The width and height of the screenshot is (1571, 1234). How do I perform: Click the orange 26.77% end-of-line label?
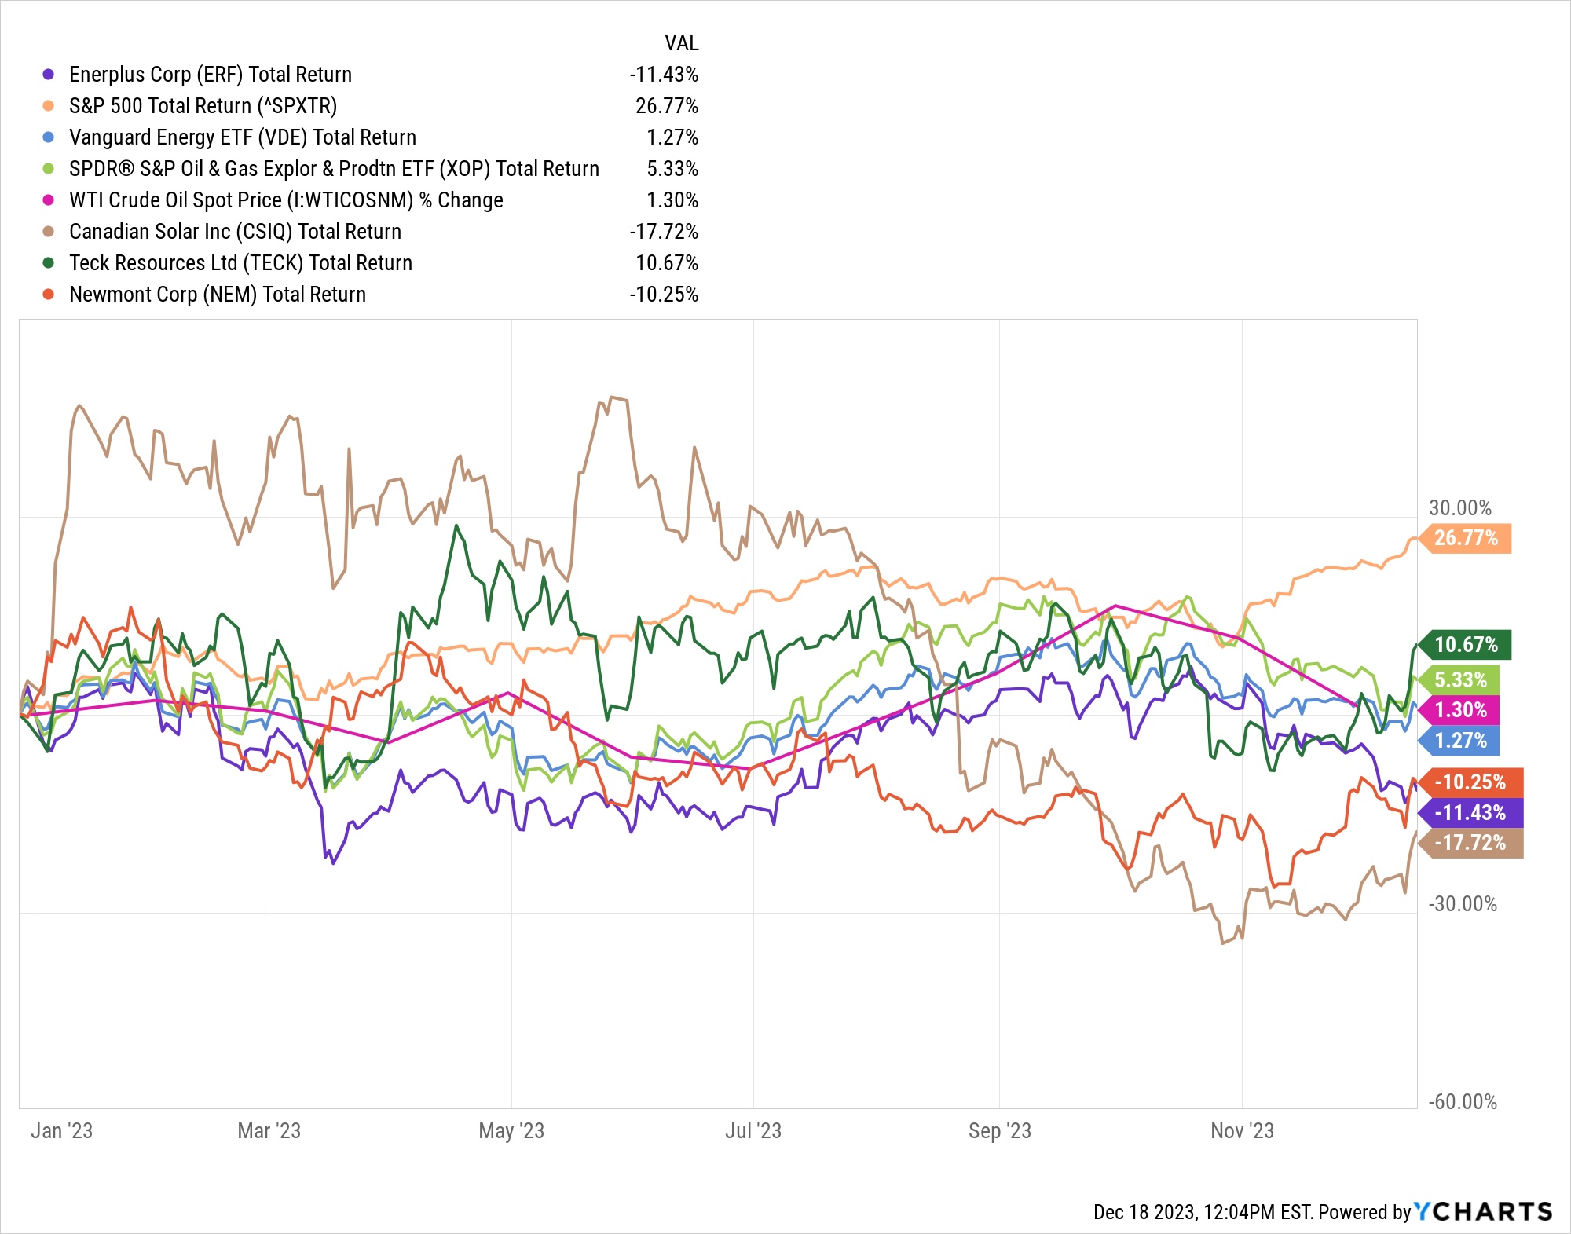(x=1466, y=538)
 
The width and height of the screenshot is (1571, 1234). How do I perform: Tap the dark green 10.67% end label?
(x=1466, y=645)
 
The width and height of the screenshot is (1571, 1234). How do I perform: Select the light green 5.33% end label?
(x=1460, y=679)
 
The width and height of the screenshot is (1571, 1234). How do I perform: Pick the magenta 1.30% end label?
(x=1460, y=710)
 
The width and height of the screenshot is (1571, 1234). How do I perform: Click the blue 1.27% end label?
(x=1460, y=741)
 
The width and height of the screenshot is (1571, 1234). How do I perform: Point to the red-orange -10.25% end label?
(x=1470, y=782)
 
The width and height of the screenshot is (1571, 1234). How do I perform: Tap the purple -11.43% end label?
(x=1470, y=813)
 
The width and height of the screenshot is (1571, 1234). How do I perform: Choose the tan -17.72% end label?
(x=1470, y=843)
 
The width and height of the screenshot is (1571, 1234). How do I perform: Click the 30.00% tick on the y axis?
(x=1459, y=508)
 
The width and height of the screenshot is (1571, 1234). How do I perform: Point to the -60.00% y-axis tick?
(x=1462, y=1102)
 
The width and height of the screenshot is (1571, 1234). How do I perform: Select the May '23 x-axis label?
(x=511, y=1131)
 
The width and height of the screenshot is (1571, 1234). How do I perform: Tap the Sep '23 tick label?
(x=999, y=1131)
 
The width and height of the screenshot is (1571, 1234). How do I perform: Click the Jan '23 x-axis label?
(x=62, y=1131)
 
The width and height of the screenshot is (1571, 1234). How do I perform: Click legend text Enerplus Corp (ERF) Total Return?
(x=211, y=75)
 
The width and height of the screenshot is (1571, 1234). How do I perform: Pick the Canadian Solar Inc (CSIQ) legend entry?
(x=235, y=232)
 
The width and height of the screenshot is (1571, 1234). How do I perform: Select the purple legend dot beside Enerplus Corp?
(x=49, y=75)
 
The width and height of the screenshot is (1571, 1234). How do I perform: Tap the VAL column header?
(x=681, y=43)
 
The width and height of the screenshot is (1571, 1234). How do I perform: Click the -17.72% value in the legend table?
(x=664, y=232)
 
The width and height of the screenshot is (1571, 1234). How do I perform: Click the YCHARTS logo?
(x=1483, y=1211)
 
